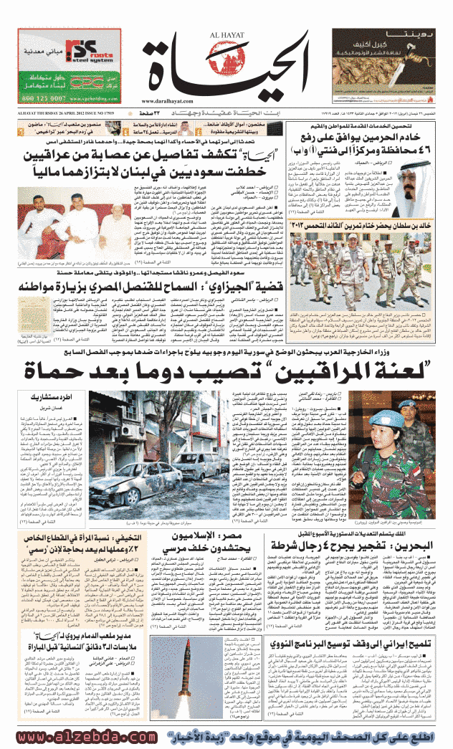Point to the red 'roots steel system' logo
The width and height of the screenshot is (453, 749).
pos(90,53)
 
